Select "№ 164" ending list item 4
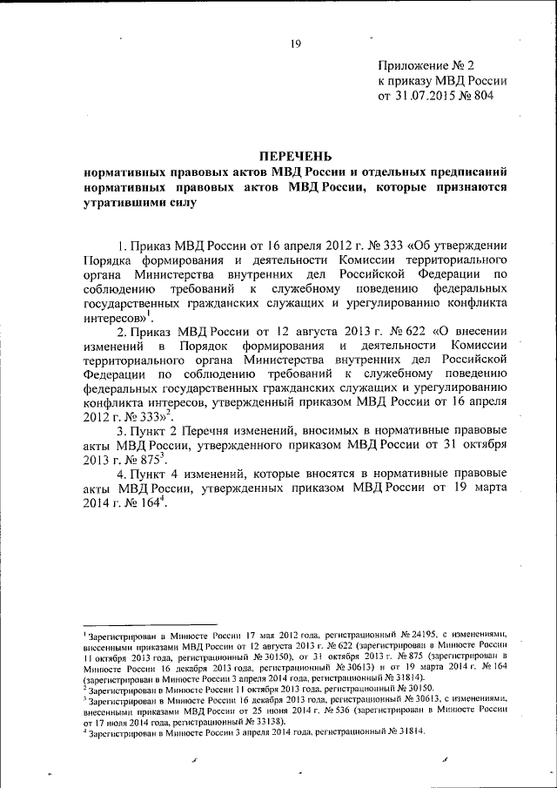click(142, 508)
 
